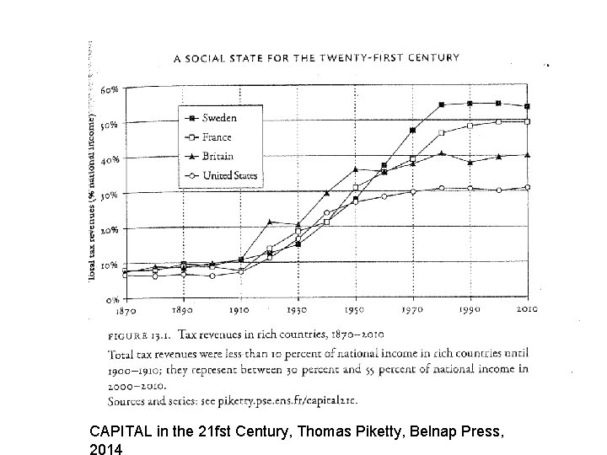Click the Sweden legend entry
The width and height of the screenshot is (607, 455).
[x=218, y=118]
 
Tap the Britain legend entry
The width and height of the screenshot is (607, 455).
[x=218, y=156]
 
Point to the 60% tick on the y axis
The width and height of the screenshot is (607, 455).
[x=109, y=88]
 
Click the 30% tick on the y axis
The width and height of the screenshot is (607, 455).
[x=110, y=195]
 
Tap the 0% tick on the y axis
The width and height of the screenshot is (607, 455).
[x=112, y=300]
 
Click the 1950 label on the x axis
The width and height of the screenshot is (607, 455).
[x=355, y=310]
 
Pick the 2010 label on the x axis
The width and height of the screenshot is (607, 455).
[x=527, y=310]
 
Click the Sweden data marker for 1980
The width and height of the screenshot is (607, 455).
[x=442, y=104]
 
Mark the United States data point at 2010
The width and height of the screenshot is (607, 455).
[x=528, y=187]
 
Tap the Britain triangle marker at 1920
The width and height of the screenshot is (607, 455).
[x=269, y=222]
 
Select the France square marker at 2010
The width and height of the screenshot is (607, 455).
[x=528, y=122]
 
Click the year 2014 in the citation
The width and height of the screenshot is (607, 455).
[x=105, y=448]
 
